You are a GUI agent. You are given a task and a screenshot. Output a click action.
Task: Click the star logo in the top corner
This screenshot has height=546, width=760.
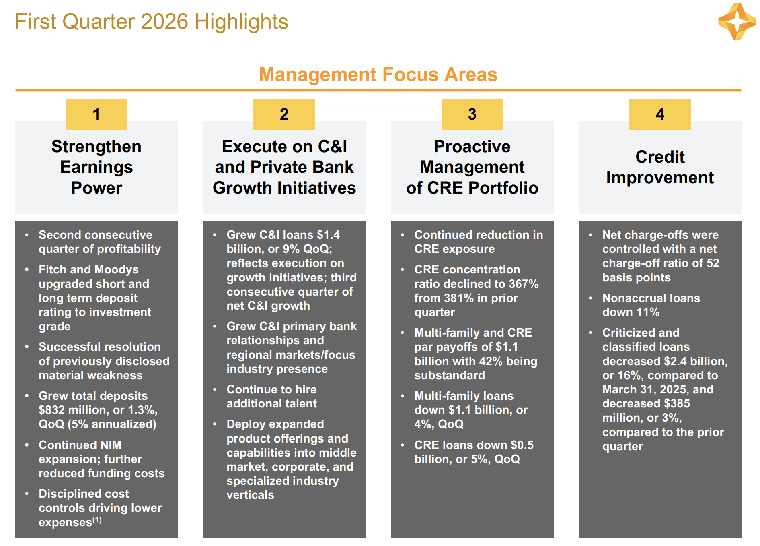coord(737,21)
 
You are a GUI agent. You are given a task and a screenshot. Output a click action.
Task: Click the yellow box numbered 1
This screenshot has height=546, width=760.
coord(97,115)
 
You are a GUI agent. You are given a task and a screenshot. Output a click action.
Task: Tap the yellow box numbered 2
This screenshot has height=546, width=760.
coord(284,115)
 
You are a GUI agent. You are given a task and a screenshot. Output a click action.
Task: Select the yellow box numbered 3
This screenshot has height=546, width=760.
coord(472,115)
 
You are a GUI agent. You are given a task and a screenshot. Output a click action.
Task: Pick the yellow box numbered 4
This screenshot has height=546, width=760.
coord(660,114)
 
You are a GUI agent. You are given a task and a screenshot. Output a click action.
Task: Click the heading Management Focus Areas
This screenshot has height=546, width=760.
coord(378,74)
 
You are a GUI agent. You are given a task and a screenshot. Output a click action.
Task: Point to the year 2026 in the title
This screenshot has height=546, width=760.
coord(165,22)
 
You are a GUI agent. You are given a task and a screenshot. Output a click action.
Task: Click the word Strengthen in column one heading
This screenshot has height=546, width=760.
coord(97,147)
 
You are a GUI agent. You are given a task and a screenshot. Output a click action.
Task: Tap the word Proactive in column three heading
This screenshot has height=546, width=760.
coord(472,147)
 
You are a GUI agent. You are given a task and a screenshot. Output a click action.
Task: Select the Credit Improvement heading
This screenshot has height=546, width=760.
coord(660,167)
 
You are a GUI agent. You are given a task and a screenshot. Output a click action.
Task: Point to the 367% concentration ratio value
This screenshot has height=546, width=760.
coord(524,284)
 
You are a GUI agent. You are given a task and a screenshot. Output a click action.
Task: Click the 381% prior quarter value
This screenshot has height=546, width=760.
coord(459,298)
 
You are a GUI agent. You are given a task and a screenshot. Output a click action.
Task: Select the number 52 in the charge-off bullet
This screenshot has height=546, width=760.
coord(713,263)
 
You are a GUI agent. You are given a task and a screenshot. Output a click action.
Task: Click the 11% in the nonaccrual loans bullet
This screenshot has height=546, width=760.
coord(647,312)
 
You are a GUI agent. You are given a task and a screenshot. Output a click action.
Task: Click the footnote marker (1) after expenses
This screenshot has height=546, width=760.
coord(97,520)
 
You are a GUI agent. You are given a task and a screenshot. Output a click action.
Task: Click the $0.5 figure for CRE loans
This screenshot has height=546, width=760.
coord(522,445)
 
